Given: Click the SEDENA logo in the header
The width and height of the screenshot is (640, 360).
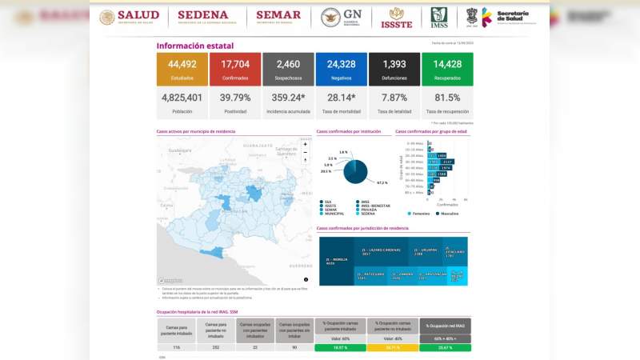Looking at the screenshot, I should point(203,17).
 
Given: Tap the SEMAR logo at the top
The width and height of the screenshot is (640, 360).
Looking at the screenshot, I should point(278,17).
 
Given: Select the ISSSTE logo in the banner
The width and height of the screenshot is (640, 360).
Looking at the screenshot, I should point(396,17).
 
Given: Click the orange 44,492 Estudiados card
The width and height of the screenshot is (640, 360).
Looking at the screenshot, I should point(182,69).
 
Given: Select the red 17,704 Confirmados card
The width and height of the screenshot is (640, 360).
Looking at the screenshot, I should point(234,69).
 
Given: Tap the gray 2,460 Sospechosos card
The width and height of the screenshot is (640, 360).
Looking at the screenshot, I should point(287,69).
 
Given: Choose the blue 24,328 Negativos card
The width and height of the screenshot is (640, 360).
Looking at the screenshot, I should point(341,69).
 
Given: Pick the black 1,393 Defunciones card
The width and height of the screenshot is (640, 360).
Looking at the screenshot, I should point(394,69).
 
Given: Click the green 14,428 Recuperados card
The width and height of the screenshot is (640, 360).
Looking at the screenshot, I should point(446,69).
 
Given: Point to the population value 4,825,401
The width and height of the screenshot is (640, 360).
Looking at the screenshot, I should point(182,98).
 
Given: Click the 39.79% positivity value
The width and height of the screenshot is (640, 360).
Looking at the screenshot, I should point(234,98).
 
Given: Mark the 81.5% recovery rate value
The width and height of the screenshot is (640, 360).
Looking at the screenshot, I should point(446,98).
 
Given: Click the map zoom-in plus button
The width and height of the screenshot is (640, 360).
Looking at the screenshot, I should point(305,144).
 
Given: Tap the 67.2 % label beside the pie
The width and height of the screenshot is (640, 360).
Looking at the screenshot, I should point(382,183).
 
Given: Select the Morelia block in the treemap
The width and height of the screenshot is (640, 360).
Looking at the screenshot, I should point(337,261).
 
